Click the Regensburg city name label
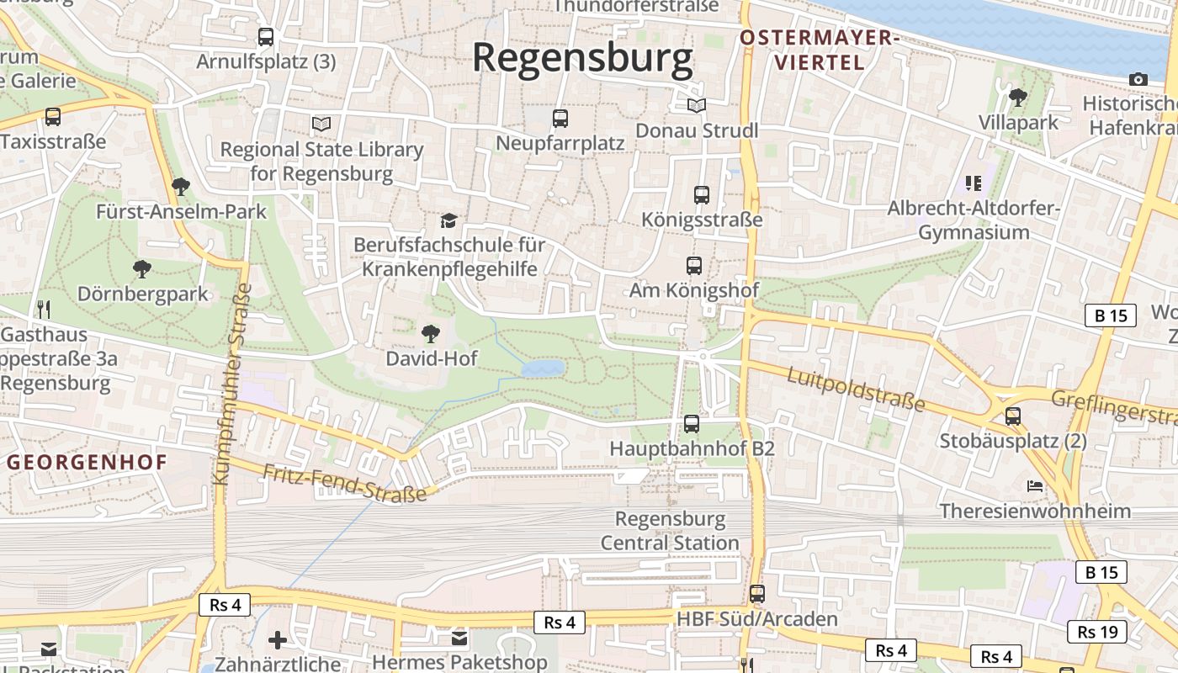tap(582, 58)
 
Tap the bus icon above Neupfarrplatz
tap(560, 119)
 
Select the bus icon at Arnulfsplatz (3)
tap(266, 37)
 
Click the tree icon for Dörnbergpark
tap(142, 269)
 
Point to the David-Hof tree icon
tap(431, 334)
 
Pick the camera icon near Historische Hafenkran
tap(1138, 79)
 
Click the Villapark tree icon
tap(1018, 98)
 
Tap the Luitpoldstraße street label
tap(856, 389)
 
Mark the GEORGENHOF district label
tap(88, 462)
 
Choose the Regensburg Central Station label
tap(670, 531)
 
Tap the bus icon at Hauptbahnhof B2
tap(692, 424)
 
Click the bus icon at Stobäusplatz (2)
tap(1013, 416)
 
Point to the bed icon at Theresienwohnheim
tap(1035, 486)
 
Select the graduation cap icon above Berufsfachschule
tap(449, 220)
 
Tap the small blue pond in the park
tap(543, 368)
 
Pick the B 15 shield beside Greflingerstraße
tap(1110, 315)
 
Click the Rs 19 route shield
tap(1097, 632)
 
